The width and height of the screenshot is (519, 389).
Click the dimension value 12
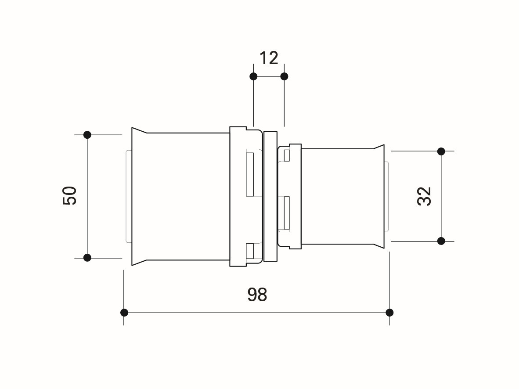(x=269, y=58)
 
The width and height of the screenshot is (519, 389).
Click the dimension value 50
(x=70, y=196)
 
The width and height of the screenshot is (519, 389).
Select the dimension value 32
(x=424, y=196)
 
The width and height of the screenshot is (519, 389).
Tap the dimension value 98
(x=257, y=294)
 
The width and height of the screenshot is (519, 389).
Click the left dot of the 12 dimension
(x=253, y=76)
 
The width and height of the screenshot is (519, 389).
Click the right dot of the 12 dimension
(x=285, y=76)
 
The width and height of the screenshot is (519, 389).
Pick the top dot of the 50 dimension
(x=87, y=135)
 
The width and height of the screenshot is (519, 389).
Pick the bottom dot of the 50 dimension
(x=87, y=258)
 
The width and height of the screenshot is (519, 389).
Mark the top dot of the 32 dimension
(x=441, y=151)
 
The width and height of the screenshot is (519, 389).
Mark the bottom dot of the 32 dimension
(x=441, y=241)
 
